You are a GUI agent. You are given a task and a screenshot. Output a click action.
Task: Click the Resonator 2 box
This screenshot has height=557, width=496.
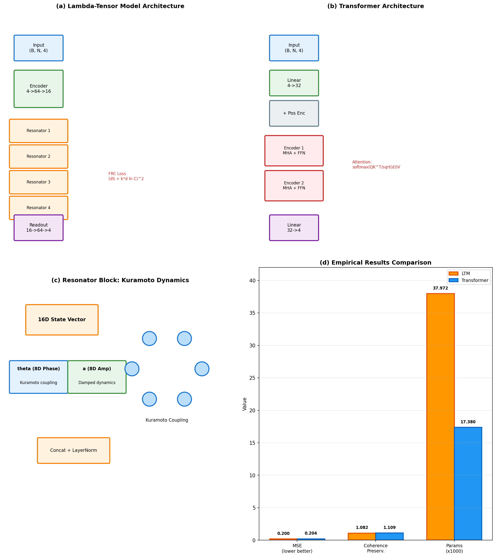pos(39,156)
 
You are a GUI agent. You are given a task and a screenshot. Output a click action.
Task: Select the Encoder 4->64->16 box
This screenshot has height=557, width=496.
pos(39,89)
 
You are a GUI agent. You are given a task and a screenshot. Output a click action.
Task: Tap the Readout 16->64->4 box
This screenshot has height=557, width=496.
pos(39,227)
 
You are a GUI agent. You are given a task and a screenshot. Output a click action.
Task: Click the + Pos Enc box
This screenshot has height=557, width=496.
pos(294,113)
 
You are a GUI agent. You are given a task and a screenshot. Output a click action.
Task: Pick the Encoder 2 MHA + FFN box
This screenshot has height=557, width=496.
pos(294,186)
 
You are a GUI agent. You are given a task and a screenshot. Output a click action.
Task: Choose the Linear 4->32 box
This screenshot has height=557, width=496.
pos(294,83)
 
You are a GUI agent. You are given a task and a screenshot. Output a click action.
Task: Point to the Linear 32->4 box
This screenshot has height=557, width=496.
pos(294,227)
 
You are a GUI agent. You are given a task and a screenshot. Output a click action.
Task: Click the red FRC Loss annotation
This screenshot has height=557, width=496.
pos(126,176)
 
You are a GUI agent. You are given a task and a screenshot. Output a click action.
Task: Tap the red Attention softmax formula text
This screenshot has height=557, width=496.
pos(376,165)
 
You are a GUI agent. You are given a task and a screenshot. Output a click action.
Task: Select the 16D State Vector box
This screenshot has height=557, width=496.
pos(62,320)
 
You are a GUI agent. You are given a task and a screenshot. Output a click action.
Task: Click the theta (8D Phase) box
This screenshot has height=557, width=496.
pos(39,377)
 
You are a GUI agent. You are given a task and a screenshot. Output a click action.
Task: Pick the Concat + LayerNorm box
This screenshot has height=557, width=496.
pos(74,450)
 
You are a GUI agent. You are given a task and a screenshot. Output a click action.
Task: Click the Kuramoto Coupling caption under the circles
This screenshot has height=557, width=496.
pos(167,420)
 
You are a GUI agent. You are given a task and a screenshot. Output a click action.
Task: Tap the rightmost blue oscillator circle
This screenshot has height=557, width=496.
pos(202,369)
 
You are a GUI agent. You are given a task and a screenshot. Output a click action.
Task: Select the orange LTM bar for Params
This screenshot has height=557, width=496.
pos(440,417)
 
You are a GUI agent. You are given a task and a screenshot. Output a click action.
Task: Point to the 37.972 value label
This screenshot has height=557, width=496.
pos(440,288)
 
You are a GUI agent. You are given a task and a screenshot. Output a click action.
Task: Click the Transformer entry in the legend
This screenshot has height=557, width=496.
pos(474,281)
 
